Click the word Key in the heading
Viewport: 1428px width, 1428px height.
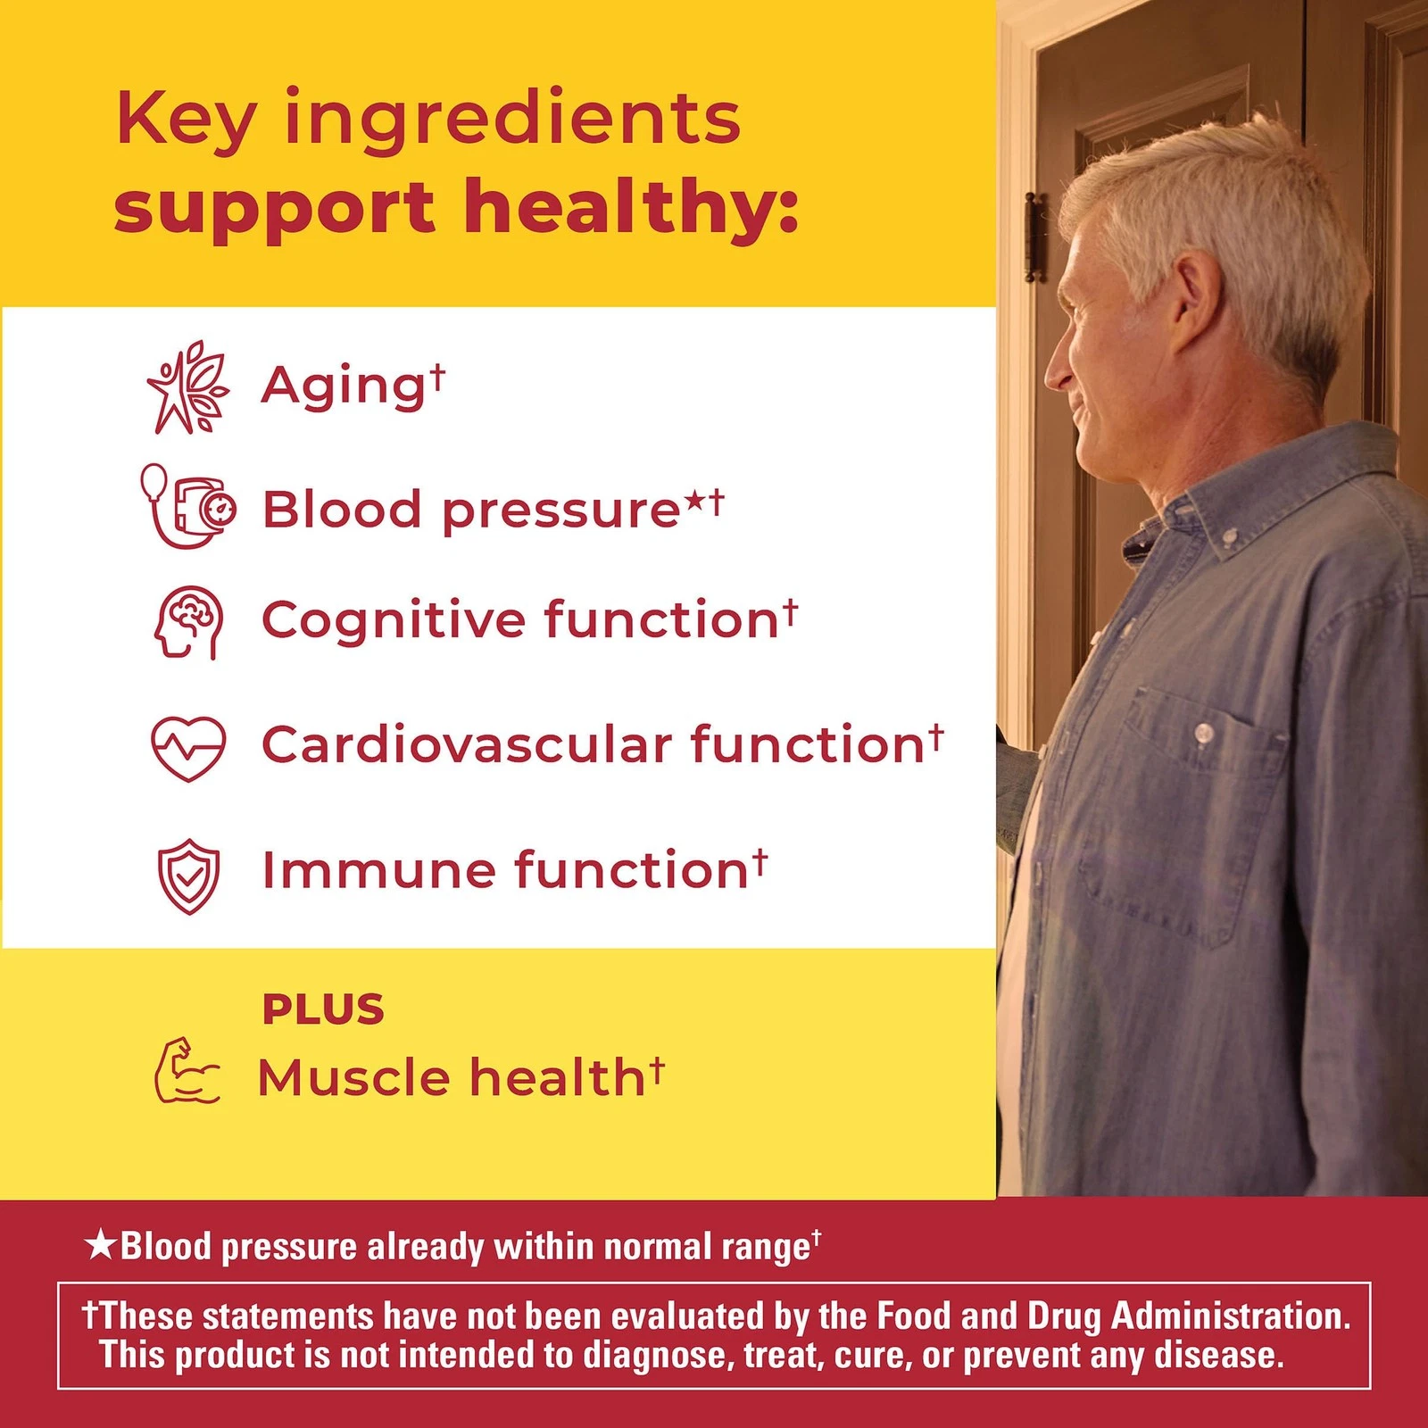coord(187,121)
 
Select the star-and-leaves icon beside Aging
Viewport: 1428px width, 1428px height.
coord(188,387)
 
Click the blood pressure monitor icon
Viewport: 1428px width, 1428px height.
coord(187,505)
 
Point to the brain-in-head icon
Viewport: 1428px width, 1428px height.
coord(188,622)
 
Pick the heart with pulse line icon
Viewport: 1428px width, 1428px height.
coord(188,748)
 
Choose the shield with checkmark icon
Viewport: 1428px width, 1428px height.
coord(188,876)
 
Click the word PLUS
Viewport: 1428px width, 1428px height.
coord(323,1009)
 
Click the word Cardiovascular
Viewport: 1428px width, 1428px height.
coord(467,744)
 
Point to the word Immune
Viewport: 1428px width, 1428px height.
coord(378,870)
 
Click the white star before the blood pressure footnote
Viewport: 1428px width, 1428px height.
coord(100,1244)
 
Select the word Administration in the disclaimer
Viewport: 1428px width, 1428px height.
coord(1232,1316)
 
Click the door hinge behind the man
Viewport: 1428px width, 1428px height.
coord(1034,236)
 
